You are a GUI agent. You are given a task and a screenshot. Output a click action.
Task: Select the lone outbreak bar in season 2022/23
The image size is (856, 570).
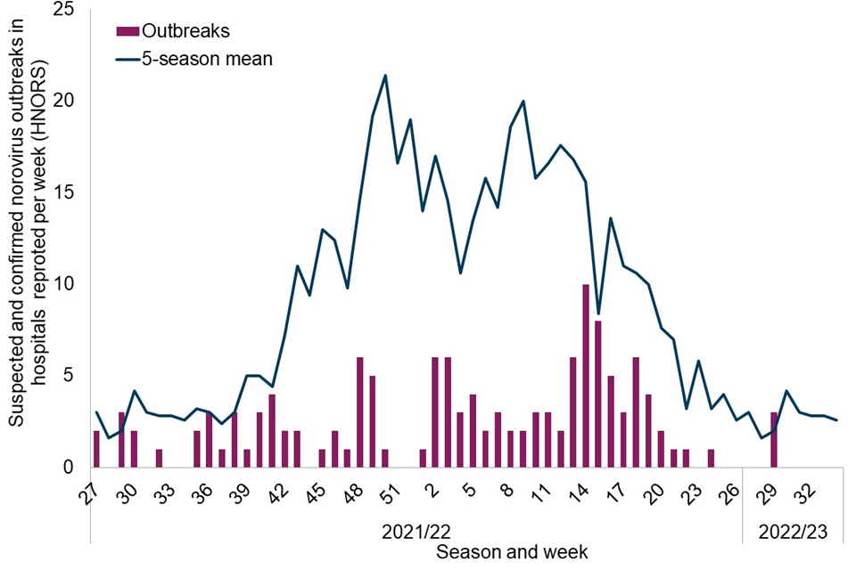click(774, 439)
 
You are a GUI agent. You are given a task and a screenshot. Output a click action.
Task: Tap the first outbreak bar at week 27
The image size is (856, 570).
click(96, 449)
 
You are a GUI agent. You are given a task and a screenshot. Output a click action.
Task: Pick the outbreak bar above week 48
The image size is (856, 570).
click(360, 412)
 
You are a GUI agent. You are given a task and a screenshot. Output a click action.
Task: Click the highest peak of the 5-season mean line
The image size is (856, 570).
click(385, 76)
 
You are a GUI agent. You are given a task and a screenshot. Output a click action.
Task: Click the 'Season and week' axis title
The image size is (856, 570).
click(513, 553)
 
